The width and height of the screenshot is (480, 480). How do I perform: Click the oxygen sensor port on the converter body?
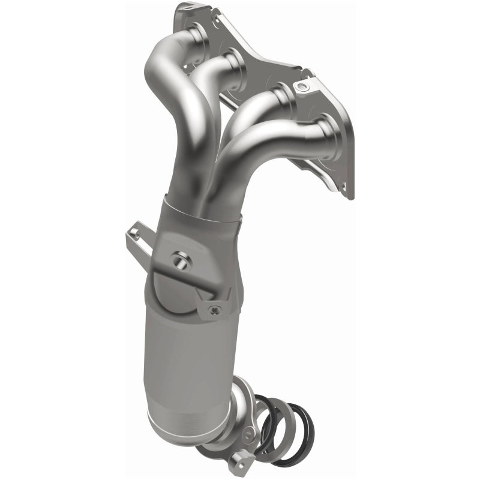(179, 260)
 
